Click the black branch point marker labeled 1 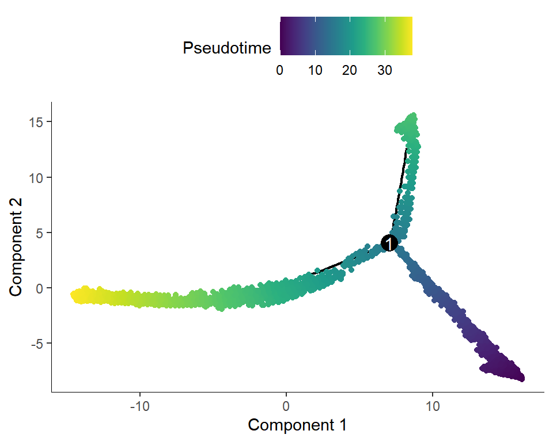[389, 243]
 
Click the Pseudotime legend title [226, 48]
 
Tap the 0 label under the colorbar [280, 70]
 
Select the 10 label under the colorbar [315, 70]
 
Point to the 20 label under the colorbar [350, 70]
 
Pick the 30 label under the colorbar [385, 70]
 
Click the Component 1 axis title [297, 425]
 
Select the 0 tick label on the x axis [286, 405]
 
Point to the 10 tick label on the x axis [433, 405]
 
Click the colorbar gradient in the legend [346, 36]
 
